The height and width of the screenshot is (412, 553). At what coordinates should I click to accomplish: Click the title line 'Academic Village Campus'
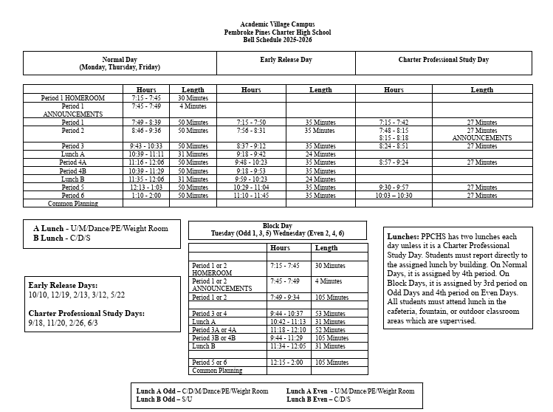pos(277,25)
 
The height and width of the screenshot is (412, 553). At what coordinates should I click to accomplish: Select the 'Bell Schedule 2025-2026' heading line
pos(277,40)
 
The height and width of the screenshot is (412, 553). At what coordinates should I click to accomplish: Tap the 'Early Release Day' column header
pos(286,59)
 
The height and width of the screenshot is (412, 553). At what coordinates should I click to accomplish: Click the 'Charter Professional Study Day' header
pos(444,59)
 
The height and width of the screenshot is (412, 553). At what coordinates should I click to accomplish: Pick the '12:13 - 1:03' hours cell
pos(146,188)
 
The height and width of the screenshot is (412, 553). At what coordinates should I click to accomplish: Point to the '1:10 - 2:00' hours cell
pos(146,196)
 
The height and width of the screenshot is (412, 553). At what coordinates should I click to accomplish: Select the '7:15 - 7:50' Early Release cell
pos(251,123)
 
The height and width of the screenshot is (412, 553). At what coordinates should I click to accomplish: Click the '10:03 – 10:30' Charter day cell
pos(394,196)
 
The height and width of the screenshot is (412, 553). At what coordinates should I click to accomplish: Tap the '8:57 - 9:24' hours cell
pos(394,162)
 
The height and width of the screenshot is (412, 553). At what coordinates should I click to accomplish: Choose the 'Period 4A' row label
pos(73,162)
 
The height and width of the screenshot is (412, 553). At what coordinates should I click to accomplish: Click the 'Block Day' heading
pos(278,226)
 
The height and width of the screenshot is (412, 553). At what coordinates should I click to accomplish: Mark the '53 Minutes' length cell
pos(330,314)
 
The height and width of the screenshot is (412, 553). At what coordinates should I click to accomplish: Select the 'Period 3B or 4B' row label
pos(214,337)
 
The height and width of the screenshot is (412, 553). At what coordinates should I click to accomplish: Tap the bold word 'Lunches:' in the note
pos(404,237)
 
